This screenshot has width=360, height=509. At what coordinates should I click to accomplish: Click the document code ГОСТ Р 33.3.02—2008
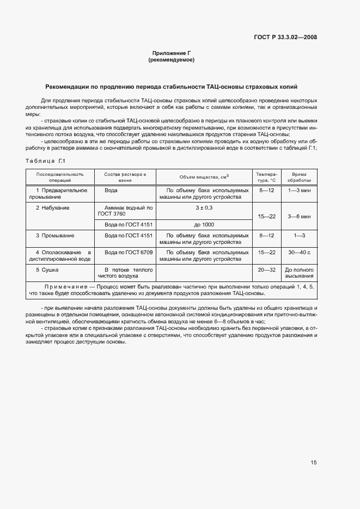285,38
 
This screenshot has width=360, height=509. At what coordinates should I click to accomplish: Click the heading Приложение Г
171,53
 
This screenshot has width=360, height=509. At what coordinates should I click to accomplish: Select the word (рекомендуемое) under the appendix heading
171,60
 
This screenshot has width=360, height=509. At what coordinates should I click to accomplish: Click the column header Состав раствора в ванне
125,177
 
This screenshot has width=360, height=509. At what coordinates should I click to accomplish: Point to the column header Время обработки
300,177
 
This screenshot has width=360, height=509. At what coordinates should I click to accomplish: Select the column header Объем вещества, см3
204,177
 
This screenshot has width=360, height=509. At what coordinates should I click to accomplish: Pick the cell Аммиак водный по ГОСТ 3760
125,211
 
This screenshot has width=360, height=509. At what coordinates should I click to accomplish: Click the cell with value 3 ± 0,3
204,207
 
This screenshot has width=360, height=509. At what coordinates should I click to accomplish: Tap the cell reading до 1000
204,224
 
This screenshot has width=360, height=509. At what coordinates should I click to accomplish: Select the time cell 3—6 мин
300,216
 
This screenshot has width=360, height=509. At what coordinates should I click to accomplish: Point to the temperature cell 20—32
267,269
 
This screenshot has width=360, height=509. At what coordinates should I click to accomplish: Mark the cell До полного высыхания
300,273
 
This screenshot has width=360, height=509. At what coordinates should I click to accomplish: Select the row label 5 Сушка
47,269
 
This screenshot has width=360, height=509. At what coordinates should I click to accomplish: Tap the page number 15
313,463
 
